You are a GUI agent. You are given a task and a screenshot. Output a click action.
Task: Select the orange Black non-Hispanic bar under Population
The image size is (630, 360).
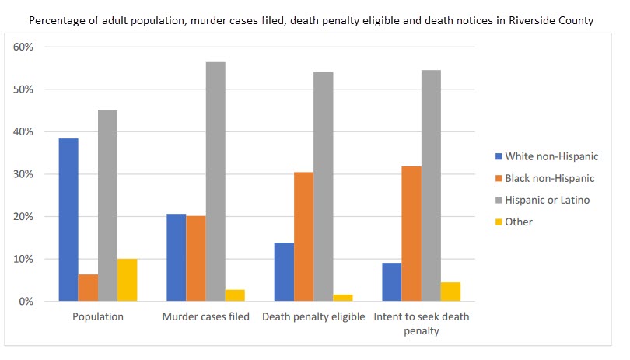[88, 288]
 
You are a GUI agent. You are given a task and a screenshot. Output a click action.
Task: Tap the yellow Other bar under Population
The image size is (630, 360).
[128, 280]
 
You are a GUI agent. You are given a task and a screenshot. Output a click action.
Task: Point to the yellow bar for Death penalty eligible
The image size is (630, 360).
[343, 298]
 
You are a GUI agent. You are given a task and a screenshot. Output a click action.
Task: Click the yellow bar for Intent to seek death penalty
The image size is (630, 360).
[450, 292]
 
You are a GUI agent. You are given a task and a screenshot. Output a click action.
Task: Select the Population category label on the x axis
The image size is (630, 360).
[98, 317]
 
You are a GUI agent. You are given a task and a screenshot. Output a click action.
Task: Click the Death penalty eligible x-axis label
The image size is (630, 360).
[313, 317]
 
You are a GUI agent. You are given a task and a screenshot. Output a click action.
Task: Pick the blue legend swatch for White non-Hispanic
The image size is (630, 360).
[498, 156]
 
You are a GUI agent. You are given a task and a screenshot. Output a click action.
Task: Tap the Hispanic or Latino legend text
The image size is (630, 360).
[548, 200]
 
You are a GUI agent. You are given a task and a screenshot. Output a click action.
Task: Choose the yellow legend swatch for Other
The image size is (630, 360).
[498, 222]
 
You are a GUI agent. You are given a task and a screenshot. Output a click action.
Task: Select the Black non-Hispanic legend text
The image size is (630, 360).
[550, 178]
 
